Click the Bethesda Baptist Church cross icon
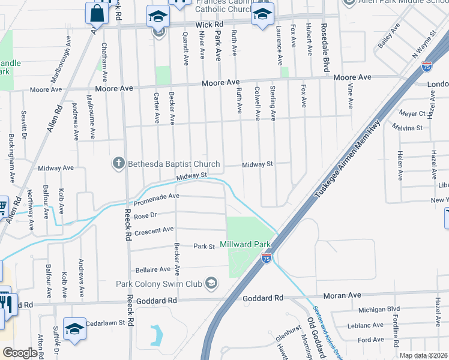(x=119, y=163)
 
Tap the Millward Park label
(x=246, y=244)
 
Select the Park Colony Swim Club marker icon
(x=211, y=283)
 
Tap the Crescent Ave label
(x=154, y=229)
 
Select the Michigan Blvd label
(x=379, y=308)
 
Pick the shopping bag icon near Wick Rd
(x=96, y=13)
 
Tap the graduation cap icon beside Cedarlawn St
(x=74, y=328)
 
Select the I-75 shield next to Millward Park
(x=267, y=258)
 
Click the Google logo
(x=20, y=353)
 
